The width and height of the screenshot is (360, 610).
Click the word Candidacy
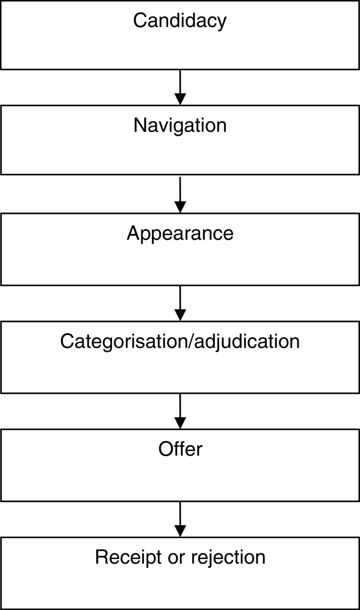pos(180,21)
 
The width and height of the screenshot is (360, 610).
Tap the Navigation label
pos(180,125)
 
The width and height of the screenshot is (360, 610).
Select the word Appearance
pos(180,233)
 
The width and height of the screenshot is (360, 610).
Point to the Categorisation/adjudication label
pos(180,341)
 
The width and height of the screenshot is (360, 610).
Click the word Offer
pos(180,449)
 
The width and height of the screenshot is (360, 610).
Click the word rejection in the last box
pos(229,557)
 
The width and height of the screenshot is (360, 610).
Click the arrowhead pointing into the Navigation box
pos(180,99)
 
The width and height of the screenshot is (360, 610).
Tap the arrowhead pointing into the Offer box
pos(180,422)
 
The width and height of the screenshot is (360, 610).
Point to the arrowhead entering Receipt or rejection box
pos(180,530)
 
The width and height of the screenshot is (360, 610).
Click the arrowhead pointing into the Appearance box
pos(180,207)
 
